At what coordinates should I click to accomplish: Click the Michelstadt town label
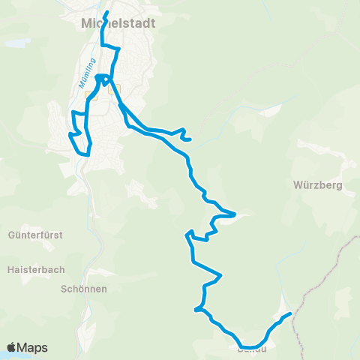click(x=118, y=23)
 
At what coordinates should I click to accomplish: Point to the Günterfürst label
click(x=36, y=235)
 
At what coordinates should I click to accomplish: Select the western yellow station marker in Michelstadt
click(x=91, y=96)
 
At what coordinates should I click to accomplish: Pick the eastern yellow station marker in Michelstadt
click(x=115, y=89)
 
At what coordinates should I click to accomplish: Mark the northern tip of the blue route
click(x=107, y=12)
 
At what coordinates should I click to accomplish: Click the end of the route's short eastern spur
click(x=191, y=139)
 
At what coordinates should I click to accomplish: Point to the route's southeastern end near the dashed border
click(x=289, y=315)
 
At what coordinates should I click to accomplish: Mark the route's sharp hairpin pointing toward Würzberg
click(x=235, y=214)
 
